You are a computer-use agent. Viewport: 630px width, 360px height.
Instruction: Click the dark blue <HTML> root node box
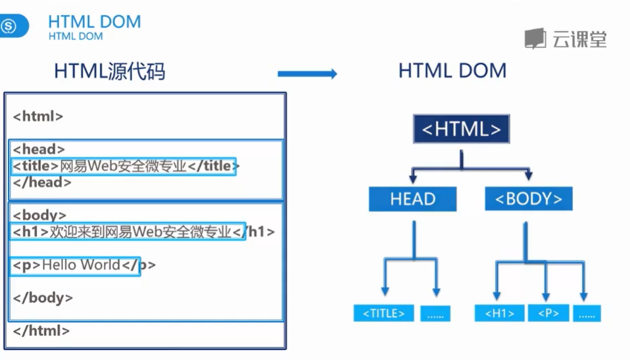point(461,129)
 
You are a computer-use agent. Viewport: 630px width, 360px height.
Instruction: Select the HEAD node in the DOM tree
point(412,199)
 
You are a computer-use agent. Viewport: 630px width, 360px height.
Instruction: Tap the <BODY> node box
point(528,199)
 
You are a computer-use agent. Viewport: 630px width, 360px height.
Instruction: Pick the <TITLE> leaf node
point(383,313)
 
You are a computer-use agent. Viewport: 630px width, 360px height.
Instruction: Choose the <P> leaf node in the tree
point(548,313)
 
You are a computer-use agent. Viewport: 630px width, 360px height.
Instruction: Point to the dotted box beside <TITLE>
point(435,313)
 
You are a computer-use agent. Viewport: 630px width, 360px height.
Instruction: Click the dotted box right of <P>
point(587,313)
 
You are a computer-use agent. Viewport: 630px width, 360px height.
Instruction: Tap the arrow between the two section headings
point(307,74)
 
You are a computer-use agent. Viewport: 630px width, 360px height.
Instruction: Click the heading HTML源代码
point(109,71)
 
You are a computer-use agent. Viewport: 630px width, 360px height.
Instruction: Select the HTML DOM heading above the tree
point(452,71)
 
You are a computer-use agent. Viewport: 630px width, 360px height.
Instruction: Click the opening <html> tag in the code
point(38,116)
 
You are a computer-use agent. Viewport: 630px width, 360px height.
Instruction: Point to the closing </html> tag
point(41,330)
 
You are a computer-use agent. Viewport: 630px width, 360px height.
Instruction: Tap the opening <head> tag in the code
point(39,149)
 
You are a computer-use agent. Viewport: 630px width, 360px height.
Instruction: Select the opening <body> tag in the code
point(39,215)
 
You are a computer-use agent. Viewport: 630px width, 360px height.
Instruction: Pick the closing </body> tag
point(43,297)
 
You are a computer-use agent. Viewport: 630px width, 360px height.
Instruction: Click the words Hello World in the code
point(81,265)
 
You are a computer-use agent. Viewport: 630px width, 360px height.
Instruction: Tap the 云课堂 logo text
point(579,39)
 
